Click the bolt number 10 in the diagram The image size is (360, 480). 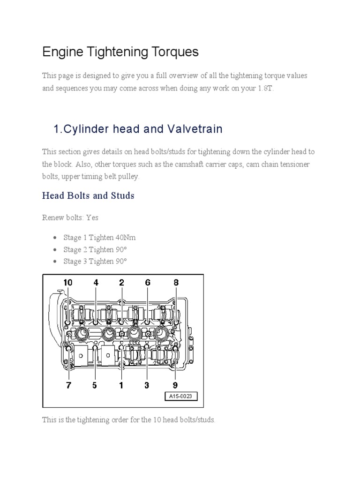coord(68,283)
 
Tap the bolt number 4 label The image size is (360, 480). coord(96,283)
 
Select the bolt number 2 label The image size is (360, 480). coord(121,283)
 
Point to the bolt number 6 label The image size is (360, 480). coord(148,283)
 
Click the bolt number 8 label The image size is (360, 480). coord(176,283)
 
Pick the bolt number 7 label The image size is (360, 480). coord(68,385)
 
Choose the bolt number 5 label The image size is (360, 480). coord(95,385)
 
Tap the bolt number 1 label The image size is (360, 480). coord(121,385)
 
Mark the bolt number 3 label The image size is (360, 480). coord(147,385)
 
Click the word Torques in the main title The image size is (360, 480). coord(175,52)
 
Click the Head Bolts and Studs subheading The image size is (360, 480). coord(88,195)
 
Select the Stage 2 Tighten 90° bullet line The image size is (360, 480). coord(95,249)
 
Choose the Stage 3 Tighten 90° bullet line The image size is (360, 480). coord(95,261)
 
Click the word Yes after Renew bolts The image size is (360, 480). coord(92,218)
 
